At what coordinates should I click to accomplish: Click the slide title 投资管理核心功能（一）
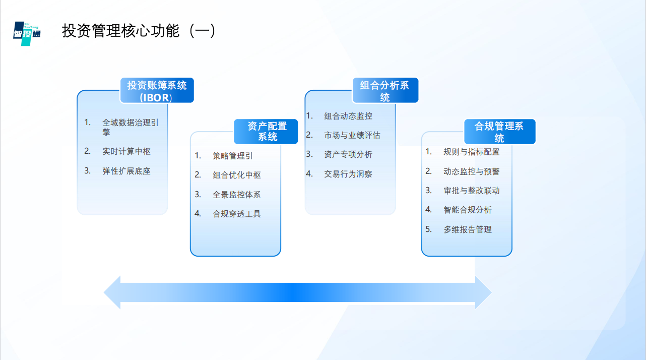click(139, 31)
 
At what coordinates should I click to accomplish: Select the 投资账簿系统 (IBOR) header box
click(157, 91)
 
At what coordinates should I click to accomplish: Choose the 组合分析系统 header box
click(385, 91)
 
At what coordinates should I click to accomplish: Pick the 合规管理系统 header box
click(499, 132)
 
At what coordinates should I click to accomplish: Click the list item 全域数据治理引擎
click(131, 127)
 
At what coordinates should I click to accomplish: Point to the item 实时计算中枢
click(126, 151)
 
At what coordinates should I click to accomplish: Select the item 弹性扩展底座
click(126, 171)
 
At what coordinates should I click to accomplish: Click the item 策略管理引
click(232, 156)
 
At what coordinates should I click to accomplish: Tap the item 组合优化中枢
click(237, 175)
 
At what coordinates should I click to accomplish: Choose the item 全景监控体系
click(237, 194)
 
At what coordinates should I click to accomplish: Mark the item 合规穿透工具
click(237, 214)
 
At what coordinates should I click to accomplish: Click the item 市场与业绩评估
click(352, 135)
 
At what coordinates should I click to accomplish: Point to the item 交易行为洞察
click(348, 174)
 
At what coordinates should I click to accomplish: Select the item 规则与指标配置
click(472, 152)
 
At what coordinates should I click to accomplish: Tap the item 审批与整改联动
click(472, 191)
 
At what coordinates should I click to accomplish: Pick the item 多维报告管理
click(468, 229)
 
